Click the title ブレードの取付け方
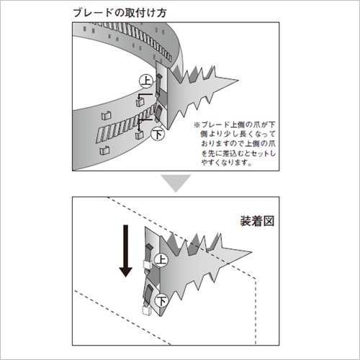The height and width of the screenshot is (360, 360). pyautogui.click(x=120, y=13)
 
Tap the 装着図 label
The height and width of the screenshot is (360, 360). pyautogui.click(x=257, y=221)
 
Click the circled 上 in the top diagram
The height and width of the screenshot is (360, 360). pyautogui.click(x=146, y=81)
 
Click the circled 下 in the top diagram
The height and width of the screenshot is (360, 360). pyautogui.click(x=158, y=134)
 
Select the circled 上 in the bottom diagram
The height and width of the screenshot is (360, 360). pyautogui.click(x=161, y=260)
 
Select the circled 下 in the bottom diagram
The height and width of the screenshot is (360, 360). pyautogui.click(x=161, y=300)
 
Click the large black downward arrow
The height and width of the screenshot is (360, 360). pyautogui.click(x=125, y=251)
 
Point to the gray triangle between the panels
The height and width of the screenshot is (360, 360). pyautogui.click(x=176, y=183)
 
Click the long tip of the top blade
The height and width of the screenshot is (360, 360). pyautogui.click(x=238, y=80)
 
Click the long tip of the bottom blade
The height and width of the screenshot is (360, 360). pyautogui.click(x=252, y=252)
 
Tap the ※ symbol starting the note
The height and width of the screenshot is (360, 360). pyautogui.click(x=197, y=125)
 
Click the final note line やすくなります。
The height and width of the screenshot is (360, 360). pyautogui.click(x=226, y=163)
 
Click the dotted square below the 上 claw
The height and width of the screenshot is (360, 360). pyautogui.click(x=147, y=264)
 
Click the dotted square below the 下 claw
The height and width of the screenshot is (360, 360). pyautogui.click(x=147, y=310)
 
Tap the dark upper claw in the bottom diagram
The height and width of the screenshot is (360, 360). pyautogui.click(x=149, y=251)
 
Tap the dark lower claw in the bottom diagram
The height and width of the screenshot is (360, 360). pyautogui.click(x=148, y=293)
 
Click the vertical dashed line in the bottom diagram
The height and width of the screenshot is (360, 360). pyautogui.click(x=256, y=312)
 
